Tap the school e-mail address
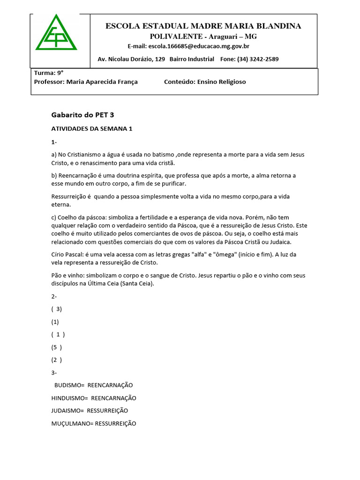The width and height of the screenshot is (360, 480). click(x=199, y=46)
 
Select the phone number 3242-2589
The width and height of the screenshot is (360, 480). click(x=264, y=59)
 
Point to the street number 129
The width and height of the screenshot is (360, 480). click(x=159, y=59)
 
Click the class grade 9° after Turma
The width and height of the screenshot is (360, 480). click(x=60, y=73)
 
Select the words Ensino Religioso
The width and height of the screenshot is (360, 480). click(x=221, y=82)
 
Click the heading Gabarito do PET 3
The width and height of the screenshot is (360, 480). click(x=82, y=114)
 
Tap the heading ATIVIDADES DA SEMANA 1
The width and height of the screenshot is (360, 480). click(x=91, y=128)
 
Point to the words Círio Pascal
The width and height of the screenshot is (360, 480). click(x=67, y=255)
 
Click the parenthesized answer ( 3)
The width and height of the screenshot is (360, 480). click(x=57, y=309)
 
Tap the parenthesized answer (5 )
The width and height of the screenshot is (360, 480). click(x=57, y=347)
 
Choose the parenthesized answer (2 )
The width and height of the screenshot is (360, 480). click(x=57, y=360)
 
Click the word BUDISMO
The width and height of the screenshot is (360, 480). click(x=69, y=385)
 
